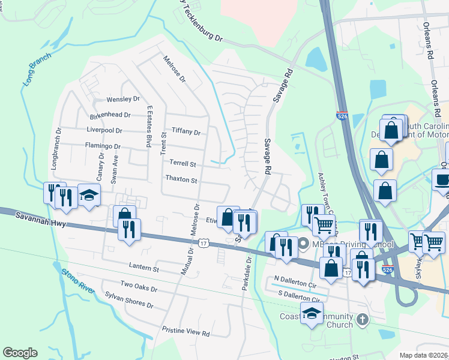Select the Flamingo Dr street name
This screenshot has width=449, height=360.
pos(102,146)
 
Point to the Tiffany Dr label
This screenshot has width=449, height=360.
pos(185,131)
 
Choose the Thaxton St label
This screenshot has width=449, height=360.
pos(181,180)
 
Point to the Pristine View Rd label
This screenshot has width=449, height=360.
pos(185,332)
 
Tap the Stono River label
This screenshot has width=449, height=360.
pos(78,281)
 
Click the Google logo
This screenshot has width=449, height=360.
pos(20,353)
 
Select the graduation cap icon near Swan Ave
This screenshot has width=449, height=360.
pos(89,196)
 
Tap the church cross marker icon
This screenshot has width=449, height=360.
pos(361,319)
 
